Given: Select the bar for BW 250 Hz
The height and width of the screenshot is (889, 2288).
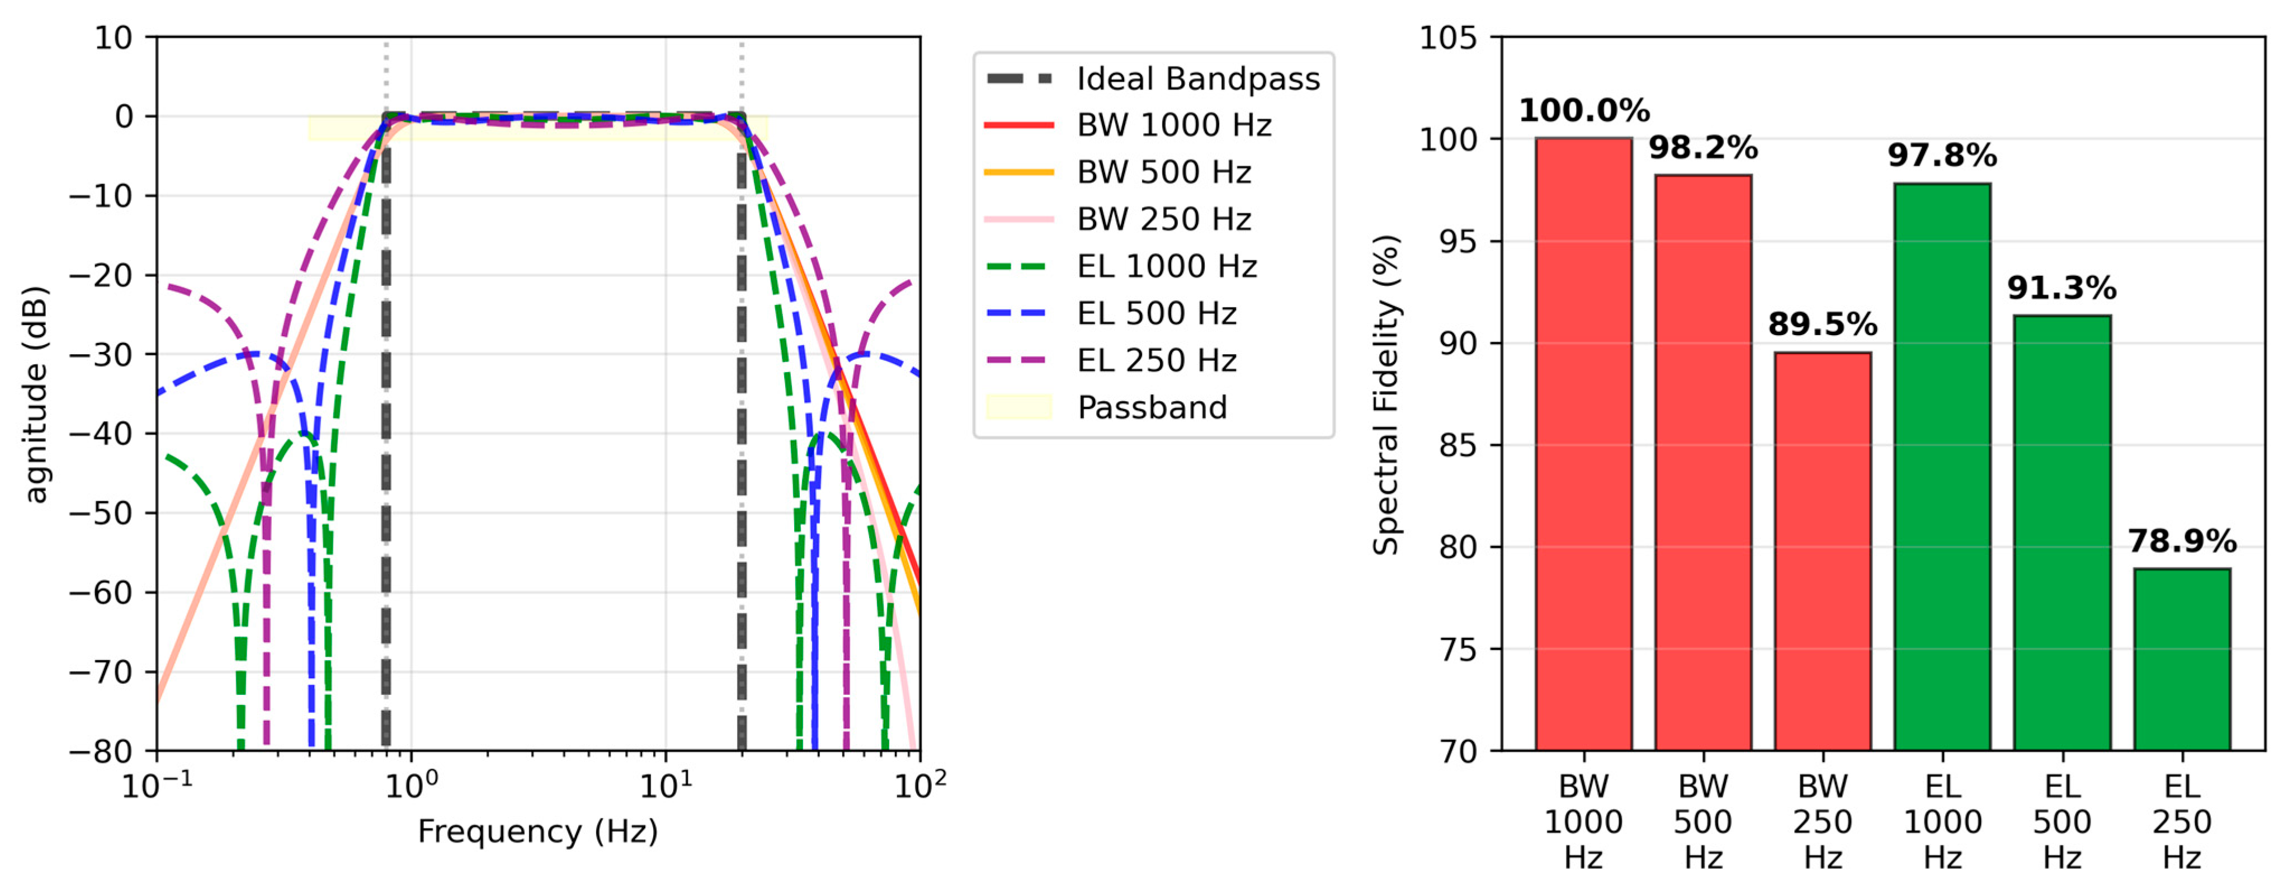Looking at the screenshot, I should click(1823, 551).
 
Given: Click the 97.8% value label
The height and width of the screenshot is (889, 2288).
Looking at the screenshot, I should click(1942, 156).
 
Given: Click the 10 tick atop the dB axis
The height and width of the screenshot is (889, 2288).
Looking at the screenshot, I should click(113, 38).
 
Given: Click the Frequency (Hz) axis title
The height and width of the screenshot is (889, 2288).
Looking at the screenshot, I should click(537, 832).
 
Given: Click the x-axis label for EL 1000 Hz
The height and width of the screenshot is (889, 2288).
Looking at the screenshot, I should click(1942, 821).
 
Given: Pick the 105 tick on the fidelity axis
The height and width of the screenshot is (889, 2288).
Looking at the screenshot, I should click(1448, 38).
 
